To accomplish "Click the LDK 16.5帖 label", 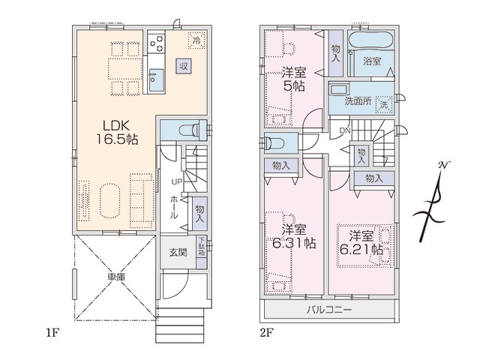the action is (118, 132).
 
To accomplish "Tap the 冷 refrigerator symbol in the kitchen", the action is (196, 40).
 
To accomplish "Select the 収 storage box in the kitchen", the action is (183, 66).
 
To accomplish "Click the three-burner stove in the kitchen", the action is (157, 43).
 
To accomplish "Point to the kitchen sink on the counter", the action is (157, 80).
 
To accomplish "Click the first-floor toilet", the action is (189, 130).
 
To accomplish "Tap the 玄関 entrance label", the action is (178, 253).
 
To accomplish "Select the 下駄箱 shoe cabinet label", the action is (202, 247).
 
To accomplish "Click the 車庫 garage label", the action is (116, 277).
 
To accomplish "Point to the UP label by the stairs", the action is (177, 182).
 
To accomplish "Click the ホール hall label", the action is (173, 207).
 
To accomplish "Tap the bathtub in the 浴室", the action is (370, 40).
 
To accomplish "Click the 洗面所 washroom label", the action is (358, 100).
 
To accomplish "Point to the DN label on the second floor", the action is (345, 130).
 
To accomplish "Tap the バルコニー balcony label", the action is (329, 310).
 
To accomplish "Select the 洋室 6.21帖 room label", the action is (361, 243).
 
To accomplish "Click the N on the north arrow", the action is (442, 165).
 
